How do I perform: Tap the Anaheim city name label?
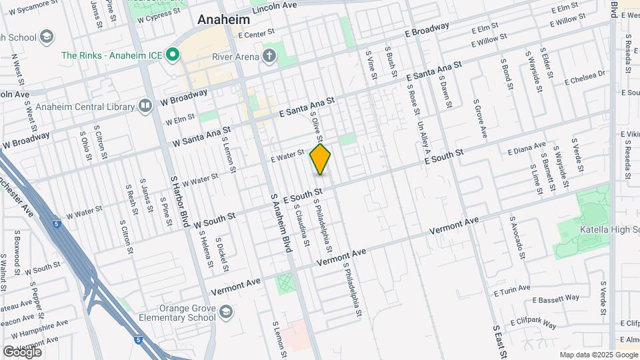(224, 21)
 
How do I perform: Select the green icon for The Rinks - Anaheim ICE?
(173, 55)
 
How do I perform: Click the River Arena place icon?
(269, 56)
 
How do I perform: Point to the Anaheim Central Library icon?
(145, 105)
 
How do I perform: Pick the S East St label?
(499, 341)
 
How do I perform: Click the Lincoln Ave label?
(275, 5)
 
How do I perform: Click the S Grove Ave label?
(480, 119)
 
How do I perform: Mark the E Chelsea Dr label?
(585, 78)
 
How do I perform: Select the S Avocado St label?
(516, 237)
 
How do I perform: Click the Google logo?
(22, 351)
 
